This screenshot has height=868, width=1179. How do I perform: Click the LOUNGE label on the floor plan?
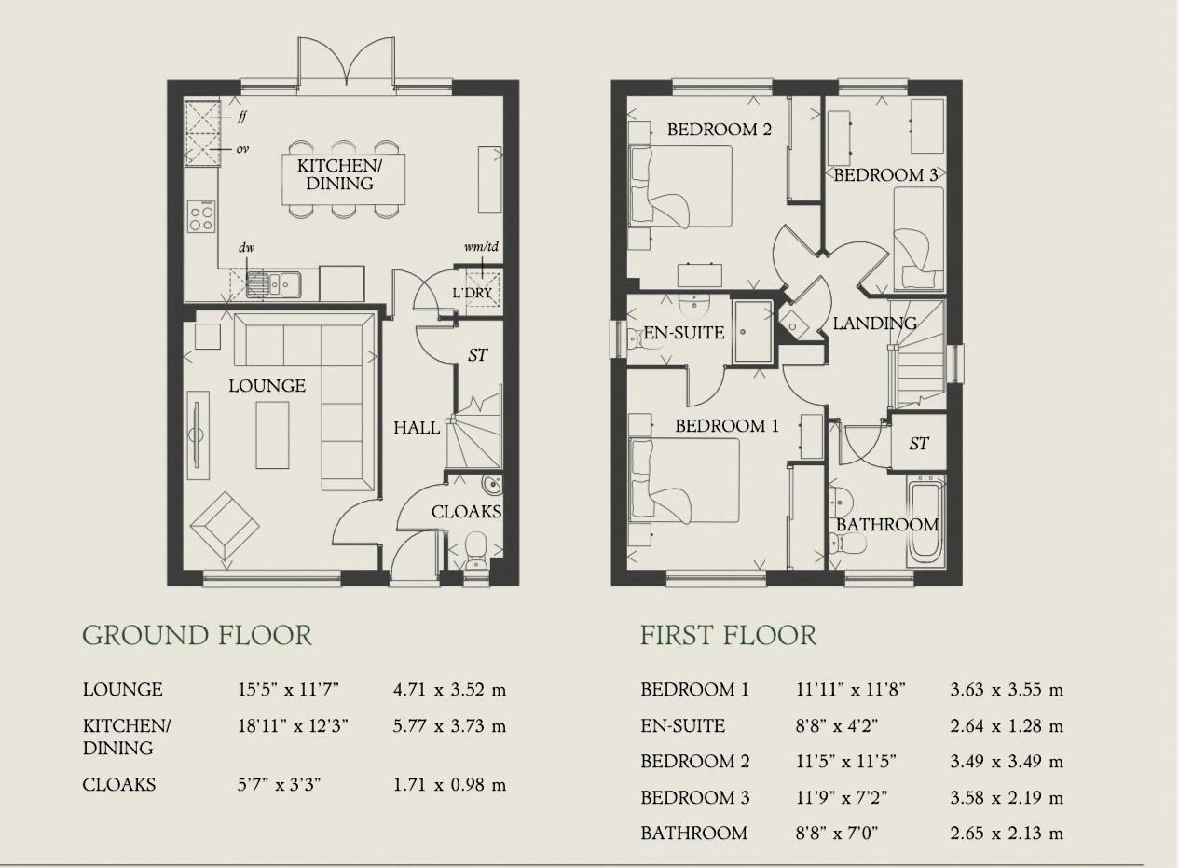(267, 386)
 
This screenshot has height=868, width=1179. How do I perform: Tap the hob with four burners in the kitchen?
(201, 216)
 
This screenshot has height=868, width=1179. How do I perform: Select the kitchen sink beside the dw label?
(274, 284)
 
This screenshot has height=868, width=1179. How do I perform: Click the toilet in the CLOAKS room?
(476, 551)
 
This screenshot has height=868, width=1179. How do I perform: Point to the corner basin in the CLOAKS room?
(492, 486)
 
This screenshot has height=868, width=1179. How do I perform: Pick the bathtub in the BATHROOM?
(925, 521)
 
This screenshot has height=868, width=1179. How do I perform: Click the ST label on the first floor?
(918, 444)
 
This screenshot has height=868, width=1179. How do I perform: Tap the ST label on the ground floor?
(477, 355)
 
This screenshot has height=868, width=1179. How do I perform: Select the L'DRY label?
(473, 293)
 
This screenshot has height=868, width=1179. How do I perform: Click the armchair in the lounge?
(225, 525)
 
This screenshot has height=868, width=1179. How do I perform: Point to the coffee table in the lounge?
(272, 434)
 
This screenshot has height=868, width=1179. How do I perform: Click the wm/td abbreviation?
(481, 246)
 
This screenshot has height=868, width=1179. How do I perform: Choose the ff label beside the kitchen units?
(241, 117)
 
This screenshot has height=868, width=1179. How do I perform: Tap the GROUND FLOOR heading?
(198, 635)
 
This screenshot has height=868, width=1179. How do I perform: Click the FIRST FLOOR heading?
(729, 635)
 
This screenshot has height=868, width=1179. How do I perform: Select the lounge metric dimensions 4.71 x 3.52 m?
(449, 690)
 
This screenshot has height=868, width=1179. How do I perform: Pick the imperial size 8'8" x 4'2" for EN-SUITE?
(837, 726)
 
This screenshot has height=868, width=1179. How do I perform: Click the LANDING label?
(875, 324)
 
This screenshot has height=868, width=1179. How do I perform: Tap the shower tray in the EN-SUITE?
(753, 332)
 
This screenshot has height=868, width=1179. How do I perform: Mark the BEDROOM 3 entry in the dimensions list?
(694, 797)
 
